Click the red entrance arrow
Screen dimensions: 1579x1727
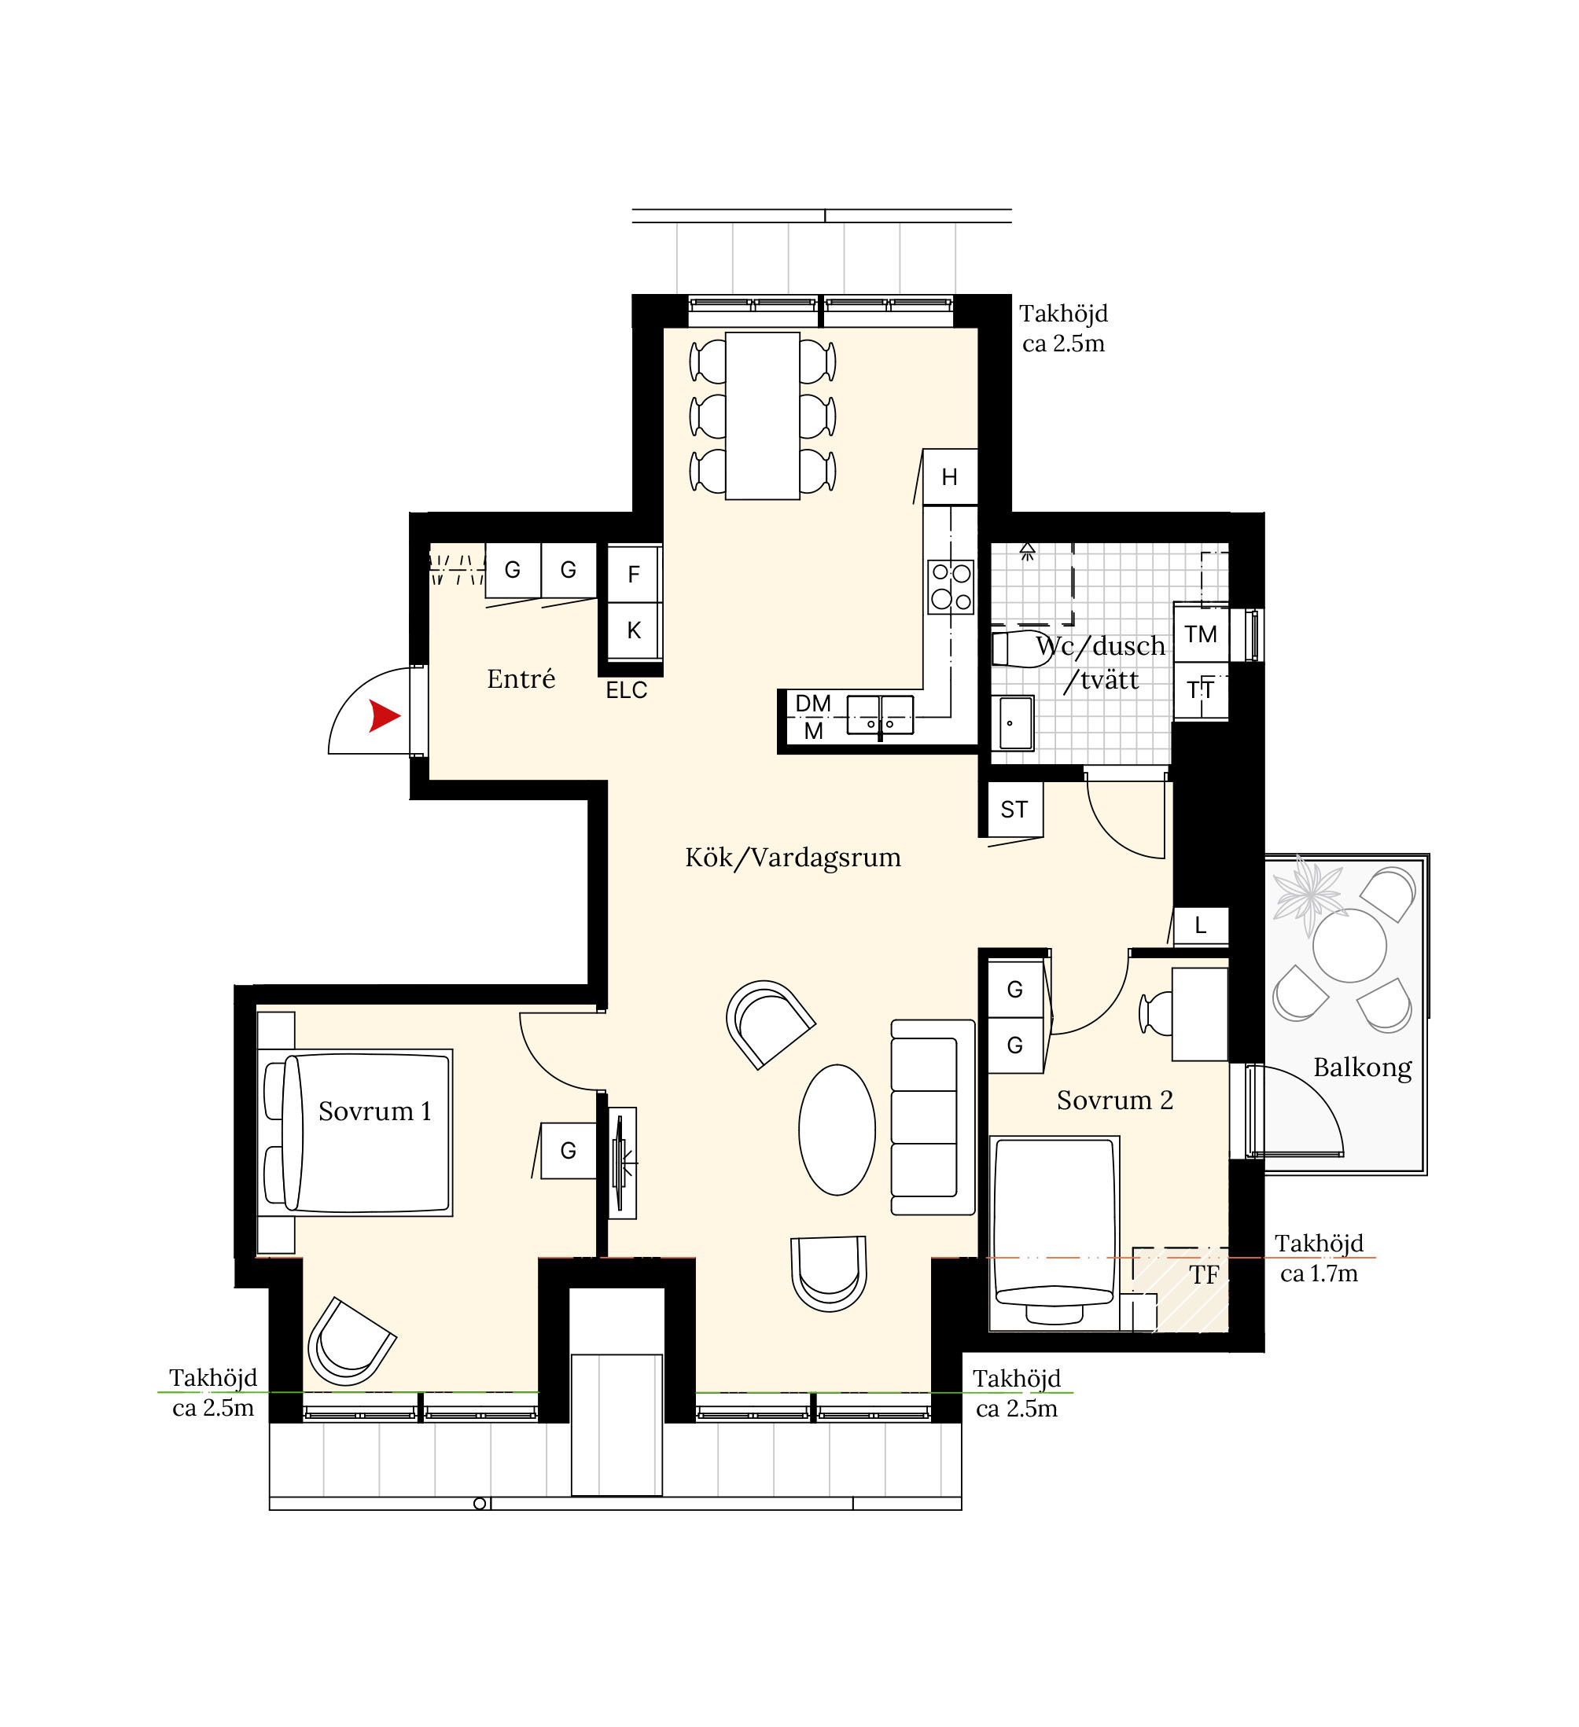[x=384, y=715]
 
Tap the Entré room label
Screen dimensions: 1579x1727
[x=521, y=678]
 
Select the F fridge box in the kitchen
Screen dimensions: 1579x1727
[x=634, y=574]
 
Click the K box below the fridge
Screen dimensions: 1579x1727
[x=634, y=630]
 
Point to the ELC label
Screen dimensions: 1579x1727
[x=626, y=690]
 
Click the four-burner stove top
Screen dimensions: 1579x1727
[x=951, y=587]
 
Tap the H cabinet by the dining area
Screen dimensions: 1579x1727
[x=950, y=477]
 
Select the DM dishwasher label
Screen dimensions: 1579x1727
[x=813, y=704]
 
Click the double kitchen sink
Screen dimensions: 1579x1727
[x=880, y=715]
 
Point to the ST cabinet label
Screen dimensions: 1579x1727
[x=1014, y=810]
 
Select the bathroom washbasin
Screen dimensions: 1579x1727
[x=1016, y=723]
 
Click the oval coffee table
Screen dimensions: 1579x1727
[x=837, y=1130]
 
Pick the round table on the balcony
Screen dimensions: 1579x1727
[x=1349, y=946]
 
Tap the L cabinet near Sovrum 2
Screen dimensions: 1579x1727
[x=1202, y=925]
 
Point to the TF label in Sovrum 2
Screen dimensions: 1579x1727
[x=1204, y=1276]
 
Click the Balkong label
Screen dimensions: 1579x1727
[x=1362, y=1068]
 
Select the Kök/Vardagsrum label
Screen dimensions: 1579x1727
[x=793, y=858]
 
